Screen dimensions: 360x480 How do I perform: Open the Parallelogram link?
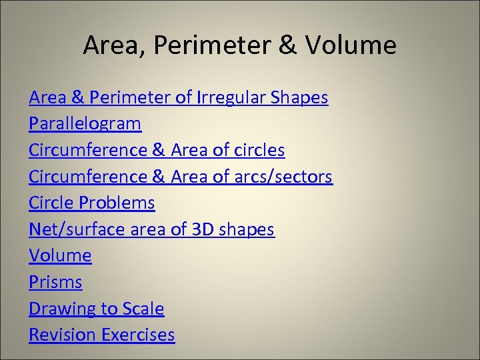click(85, 124)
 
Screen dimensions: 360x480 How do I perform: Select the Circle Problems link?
click(91, 203)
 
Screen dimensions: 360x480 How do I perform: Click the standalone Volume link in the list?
click(60, 255)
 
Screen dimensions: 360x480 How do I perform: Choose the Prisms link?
click(55, 282)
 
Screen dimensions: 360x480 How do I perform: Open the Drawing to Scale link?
click(96, 309)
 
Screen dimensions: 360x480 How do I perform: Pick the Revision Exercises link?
click(101, 335)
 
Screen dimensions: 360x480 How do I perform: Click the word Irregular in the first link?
click(233, 98)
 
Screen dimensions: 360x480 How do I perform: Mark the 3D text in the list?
click(202, 229)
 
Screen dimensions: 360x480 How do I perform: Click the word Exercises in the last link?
click(137, 335)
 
